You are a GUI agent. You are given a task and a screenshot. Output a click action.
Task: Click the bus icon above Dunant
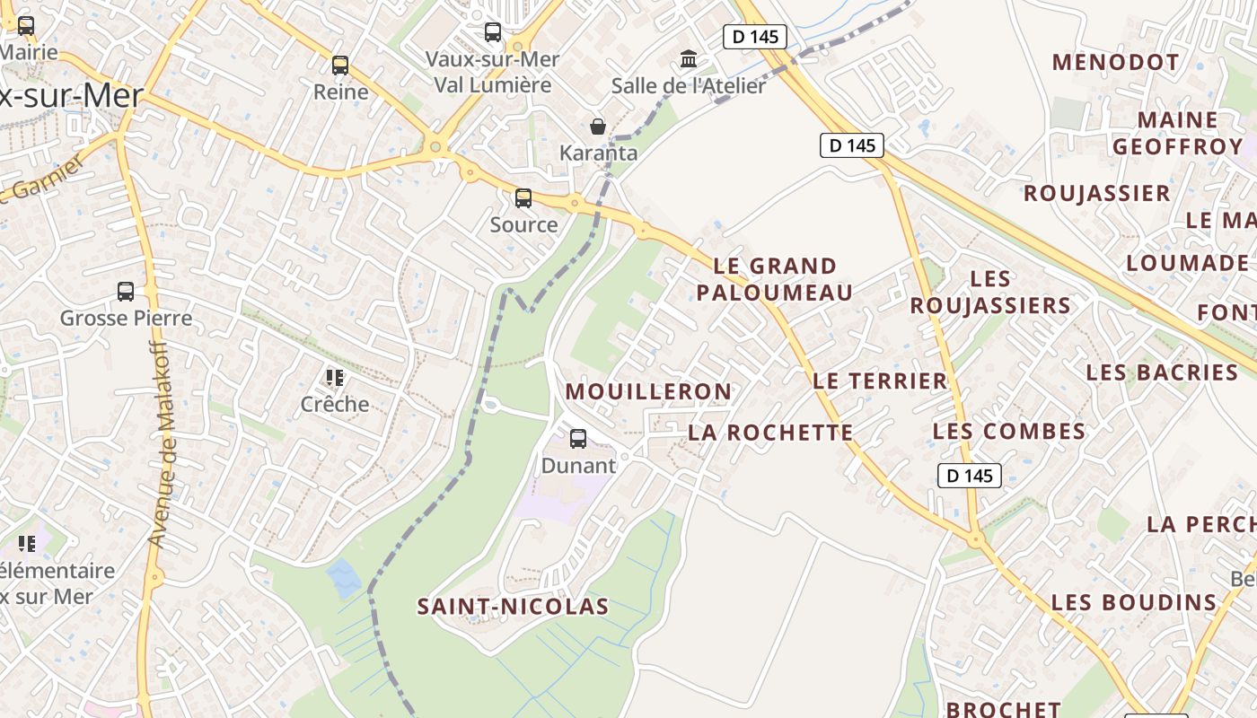click(578, 439)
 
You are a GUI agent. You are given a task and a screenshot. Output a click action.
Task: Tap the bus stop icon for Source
click(523, 198)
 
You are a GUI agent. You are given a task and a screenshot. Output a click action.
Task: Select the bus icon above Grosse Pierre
click(126, 292)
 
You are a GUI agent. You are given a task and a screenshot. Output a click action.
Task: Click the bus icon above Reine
click(340, 66)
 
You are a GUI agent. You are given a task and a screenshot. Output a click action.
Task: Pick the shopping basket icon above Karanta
click(598, 127)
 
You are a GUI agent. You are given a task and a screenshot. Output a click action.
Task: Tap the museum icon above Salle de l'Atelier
click(689, 59)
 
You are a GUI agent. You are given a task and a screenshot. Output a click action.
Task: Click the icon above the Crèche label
click(335, 378)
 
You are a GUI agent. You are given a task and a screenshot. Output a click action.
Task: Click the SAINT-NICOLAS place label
click(513, 607)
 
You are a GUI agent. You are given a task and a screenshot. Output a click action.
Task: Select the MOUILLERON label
click(648, 391)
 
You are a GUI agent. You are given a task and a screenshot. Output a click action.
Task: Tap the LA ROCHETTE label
click(770, 433)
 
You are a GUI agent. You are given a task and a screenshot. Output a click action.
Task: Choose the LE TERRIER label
click(880, 381)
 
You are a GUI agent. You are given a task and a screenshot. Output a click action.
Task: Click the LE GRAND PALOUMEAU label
click(775, 279)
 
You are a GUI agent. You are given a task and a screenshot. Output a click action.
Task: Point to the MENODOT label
click(1115, 62)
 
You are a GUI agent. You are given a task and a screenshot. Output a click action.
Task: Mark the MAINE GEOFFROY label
click(1177, 133)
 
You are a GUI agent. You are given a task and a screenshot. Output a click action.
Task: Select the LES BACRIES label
click(1162, 372)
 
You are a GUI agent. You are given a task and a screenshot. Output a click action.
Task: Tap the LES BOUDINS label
click(1134, 602)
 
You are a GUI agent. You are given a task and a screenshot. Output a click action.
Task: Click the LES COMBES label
click(1009, 431)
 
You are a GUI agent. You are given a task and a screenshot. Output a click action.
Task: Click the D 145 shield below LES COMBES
click(970, 476)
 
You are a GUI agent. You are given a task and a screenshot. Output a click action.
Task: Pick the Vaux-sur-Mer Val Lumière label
click(492, 72)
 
